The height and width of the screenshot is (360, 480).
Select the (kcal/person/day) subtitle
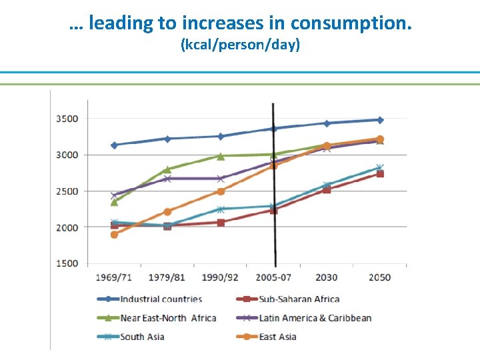[240, 45]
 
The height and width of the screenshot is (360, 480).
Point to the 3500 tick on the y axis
[67, 119]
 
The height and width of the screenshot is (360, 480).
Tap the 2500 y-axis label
[67, 191]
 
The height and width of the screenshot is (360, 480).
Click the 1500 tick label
[67, 263]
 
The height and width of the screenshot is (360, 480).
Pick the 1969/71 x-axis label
[114, 277]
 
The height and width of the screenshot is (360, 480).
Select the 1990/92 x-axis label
[220, 277]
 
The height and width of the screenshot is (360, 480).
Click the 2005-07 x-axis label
[273, 277]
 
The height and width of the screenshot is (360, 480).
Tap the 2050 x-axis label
[380, 277]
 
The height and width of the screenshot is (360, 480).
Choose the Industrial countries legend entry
[161, 299]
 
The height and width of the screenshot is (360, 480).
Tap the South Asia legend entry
[142, 337]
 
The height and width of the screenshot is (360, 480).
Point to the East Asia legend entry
[277, 337]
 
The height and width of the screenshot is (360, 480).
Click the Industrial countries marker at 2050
[380, 120]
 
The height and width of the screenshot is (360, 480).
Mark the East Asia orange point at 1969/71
[114, 235]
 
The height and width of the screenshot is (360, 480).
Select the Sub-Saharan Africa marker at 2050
[380, 174]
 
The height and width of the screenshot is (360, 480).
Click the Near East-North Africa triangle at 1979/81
[167, 169]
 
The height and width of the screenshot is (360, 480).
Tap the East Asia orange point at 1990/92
[220, 191]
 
